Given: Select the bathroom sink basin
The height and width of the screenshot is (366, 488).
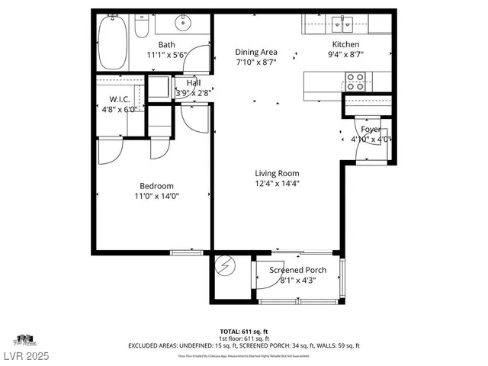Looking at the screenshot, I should (x=184, y=24).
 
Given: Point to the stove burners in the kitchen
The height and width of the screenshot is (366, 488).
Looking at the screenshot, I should (x=355, y=81).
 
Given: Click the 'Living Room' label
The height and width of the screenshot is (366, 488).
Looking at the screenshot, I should (x=277, y=173).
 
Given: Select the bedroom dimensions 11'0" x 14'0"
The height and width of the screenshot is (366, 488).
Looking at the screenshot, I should (x=156, y=196).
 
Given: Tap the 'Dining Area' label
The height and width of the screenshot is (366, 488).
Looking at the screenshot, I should (x=255, y=52).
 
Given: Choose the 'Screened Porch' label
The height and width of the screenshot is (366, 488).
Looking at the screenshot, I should (x=299, y=270).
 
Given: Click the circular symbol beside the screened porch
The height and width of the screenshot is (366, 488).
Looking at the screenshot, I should (x=226, y=266).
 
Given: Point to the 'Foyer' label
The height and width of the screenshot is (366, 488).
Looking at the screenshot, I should (x=371, y=130).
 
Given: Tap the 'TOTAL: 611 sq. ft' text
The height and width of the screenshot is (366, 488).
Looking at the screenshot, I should (x=244, y=331).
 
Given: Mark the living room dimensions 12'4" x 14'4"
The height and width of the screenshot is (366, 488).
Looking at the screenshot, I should (x=277, y=183).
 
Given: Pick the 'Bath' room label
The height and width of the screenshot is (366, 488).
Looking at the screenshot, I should (x=166, y=45).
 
